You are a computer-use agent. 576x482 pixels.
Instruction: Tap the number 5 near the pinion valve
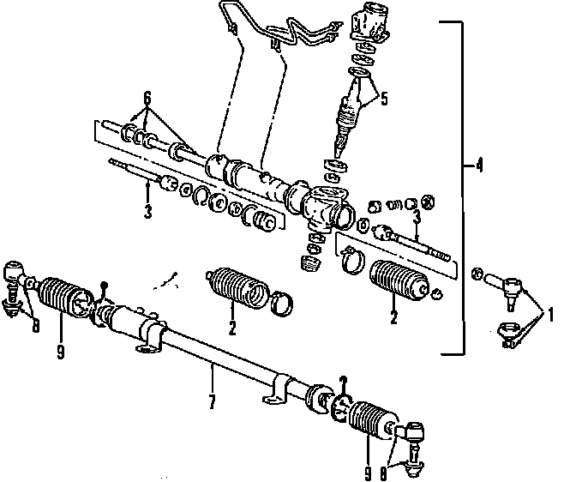[383, 99]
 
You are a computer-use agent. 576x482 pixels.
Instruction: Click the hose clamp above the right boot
[351, 256]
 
